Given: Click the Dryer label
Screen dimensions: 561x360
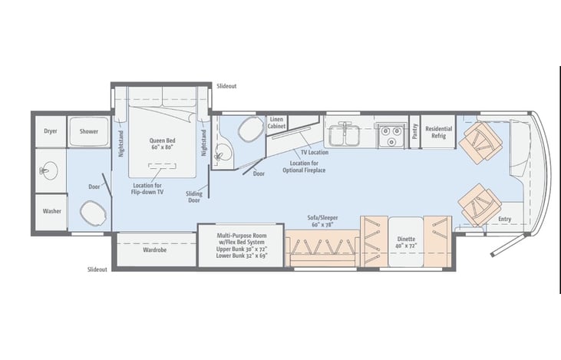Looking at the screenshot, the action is tap(51, 131).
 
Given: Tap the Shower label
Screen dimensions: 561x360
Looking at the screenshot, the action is tap(89, 131).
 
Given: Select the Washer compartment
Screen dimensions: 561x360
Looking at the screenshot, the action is tap(51, 212).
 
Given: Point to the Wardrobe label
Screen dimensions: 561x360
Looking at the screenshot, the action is tap(154, 249).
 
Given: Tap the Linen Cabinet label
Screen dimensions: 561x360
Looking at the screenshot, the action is tap(276, 123).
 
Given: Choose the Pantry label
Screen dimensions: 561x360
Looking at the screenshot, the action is tap(414, 131).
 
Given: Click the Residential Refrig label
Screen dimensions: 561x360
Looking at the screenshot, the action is tap(439, 132).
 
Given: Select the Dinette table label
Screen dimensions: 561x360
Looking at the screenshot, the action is tap(406, 243).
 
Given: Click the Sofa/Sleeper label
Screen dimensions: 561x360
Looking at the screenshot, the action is tap(322, 221).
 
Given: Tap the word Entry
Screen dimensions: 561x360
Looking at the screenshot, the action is tap(504, 219).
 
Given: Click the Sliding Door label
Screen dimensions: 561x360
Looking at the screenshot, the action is tap(194, 197).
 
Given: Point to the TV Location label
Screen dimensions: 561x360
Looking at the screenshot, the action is tap(315, 152).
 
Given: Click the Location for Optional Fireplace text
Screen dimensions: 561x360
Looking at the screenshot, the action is tap(304, 167).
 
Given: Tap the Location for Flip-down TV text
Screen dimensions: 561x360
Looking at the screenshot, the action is tap(148, 189).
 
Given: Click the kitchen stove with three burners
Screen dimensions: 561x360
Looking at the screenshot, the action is tap(391, 136).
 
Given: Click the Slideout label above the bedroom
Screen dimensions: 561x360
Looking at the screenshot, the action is tap(226, 86).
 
